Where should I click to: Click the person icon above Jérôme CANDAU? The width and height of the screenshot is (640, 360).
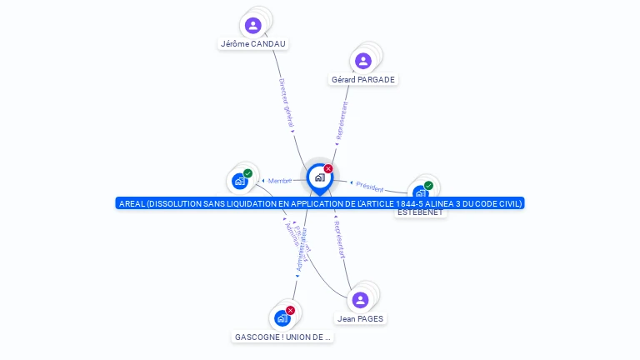(x=253, y=25)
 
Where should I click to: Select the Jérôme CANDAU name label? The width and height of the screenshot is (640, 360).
(x=254, y=43)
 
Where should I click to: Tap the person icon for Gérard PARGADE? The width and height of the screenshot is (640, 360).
(x=362, y=61)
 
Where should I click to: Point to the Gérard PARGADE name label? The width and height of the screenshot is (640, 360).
(x=363, y=80)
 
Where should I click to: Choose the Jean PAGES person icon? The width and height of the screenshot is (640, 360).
(x=360, y=300)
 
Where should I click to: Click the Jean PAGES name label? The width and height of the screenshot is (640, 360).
(x=362, y=318)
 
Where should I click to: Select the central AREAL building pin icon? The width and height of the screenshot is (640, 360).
(x=319, y=177)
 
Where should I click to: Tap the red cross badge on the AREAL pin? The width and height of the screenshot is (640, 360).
(x=328, y=168)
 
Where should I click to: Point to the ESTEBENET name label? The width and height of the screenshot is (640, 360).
(x=421, y=212)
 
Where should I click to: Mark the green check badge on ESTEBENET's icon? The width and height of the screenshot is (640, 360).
(x=428, y=186)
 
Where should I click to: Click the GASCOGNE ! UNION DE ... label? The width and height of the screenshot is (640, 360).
(x=282, y=337)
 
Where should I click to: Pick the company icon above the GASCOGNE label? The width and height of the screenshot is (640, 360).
(x=282, y=318)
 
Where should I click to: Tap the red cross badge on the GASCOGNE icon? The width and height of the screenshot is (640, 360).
(x=290, y=310)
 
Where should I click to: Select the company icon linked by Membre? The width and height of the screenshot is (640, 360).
(x=239, y=181)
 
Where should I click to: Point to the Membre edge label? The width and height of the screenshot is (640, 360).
(x=280, y=181)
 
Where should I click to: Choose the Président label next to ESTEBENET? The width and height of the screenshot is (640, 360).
(x=369, y=186)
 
